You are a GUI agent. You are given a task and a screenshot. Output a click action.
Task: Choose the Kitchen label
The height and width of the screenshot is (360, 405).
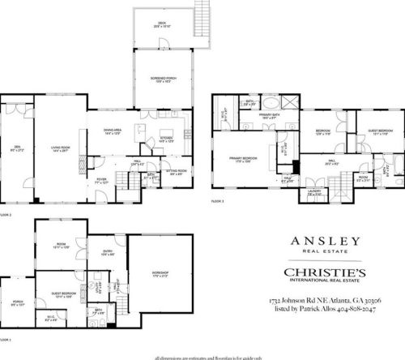166,139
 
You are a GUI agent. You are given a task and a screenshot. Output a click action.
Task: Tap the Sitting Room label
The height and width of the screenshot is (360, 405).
177,172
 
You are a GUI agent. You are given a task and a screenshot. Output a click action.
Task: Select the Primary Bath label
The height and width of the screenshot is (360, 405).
268,116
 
